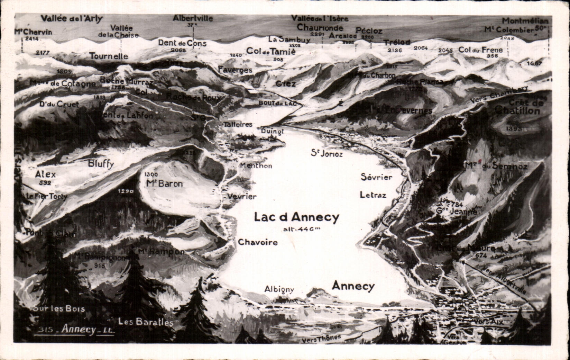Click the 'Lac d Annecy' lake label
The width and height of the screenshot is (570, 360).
pos(296,217)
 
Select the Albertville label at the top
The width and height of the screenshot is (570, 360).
pos(193,18)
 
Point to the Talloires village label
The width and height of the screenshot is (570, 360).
pos(238,124)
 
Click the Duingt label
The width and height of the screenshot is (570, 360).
pos(272,132)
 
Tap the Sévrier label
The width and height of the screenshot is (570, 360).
pos(376,177)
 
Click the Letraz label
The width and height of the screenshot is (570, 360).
pos(373,195)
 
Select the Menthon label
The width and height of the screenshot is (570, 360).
pos(256,166)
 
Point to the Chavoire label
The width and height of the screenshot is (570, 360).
pos(258,242)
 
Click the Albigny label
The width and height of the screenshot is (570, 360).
pos(279,289)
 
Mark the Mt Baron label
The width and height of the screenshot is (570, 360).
pos(164,183)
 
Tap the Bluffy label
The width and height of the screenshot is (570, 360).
pos(101,164)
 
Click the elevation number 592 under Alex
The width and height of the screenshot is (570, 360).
pos(45,182)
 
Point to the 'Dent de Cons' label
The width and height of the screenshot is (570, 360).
pos(182,43)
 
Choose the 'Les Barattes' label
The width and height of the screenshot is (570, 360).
pos(146,322)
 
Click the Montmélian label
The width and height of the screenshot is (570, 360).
pos(525,21)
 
